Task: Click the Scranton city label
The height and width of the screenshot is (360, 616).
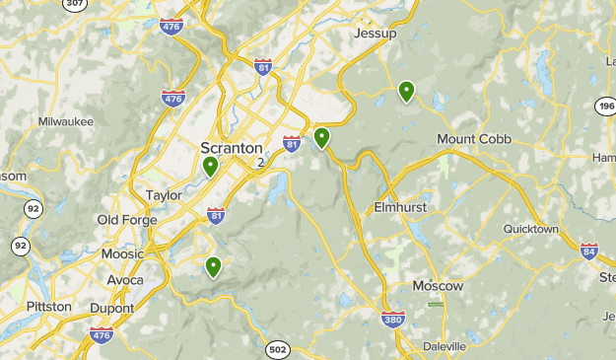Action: coord(232,148)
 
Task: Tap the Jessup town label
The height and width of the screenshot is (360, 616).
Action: coord(375,34)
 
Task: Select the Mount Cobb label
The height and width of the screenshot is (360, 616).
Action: coord(474,139)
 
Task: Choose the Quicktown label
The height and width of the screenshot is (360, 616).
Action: coord(530,229)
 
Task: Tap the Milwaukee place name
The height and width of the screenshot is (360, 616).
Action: coord(66,121)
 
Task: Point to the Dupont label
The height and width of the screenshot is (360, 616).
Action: coord(111,308)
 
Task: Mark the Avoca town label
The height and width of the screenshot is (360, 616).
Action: coord(125,280)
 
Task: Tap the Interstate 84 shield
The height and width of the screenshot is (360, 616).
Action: coord(589,251)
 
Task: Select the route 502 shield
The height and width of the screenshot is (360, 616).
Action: coord(277,348)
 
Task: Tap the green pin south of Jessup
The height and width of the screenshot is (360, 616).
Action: coord(406,92)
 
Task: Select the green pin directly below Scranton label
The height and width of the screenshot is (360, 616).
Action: coord(210,166)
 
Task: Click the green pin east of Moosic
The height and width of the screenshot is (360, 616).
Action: coord(213,266)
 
